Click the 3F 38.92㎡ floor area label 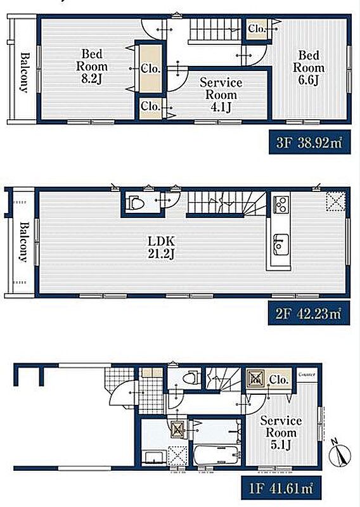click(309, 142)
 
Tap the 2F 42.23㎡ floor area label click(309, 313)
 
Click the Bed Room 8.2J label click(92, 67)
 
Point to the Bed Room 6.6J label click(309, 68)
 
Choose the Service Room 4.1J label click(221, 94)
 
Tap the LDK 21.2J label click(162, 247)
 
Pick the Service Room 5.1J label click(281, 433)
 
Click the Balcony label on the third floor click(24, 72)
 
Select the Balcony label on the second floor click(23, 242)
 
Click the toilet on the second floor click(136, 203)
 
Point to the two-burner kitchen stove click(281, 204)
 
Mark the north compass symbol click(339, 454)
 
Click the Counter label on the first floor click(306, 375)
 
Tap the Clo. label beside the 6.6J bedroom click(257, 29)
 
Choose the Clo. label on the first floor click(278, 379)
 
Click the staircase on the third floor click(214, 30)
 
